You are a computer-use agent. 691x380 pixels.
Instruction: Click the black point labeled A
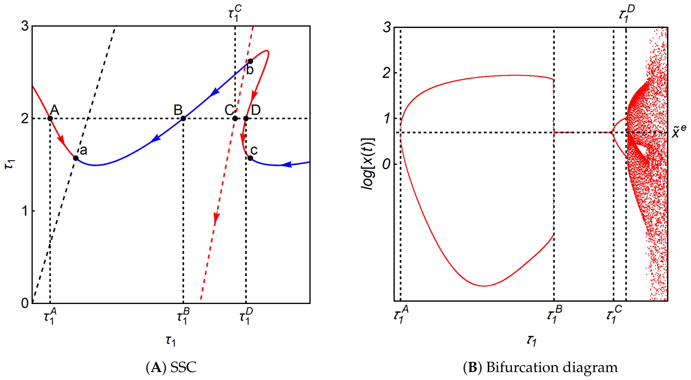tap(50, 119)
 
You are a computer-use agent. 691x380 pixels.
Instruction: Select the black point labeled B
tap(183, 119)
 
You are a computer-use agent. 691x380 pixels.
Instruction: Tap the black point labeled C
tap(235, 119)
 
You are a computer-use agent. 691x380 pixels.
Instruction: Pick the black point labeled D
tap(246, 119)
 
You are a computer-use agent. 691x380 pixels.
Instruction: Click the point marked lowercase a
tap(76, 158)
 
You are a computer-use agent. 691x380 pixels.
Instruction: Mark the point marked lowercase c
tap(250, 158)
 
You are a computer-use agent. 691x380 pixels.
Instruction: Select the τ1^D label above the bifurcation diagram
tap(627, 14)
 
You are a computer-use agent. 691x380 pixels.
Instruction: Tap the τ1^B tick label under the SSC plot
tap(183, 316)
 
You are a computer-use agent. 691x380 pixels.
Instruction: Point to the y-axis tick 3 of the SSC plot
tap(25, 26)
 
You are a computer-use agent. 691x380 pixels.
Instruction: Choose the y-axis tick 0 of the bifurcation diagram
tap(386, 164)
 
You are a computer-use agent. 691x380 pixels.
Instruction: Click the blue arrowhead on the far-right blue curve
tap(287, 164)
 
